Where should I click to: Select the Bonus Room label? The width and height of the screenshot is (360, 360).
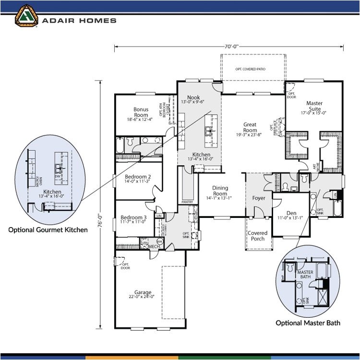pyautogui.click(x=141, y=112)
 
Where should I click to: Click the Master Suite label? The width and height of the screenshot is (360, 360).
pyautogui.click(x=314, y=106)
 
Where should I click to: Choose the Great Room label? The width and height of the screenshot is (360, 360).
pyautogui.click(x=250, y=127)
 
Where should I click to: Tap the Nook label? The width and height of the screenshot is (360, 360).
pyautogui.click(x=193, y=98)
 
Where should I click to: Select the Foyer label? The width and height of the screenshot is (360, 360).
pyautogui.click(x=259, y=198)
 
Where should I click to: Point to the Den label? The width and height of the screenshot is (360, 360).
pyautogui.click(x=291, y=213)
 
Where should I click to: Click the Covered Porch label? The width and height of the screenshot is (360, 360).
pyautogui.click(x=258, y=236)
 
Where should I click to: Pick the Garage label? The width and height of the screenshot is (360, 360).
pyautogui.click(x=143, y=292)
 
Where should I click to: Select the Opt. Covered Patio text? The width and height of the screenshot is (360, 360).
pyautogui.click(x=251, y=69)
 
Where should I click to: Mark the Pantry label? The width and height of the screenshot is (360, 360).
pyautogui.click(x=187, y=202)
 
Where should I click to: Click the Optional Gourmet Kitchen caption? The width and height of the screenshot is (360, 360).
pyautogui.click(x=48, y=230)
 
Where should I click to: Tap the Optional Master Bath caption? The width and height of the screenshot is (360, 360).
pyautogui.click(x=308, y=323)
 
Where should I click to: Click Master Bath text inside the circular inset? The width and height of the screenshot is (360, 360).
pyautogui.click(x=305, y=275)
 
